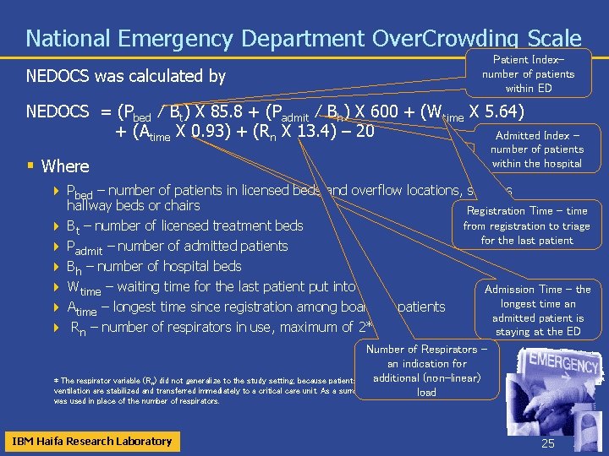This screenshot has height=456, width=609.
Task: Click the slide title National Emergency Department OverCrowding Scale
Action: (x=303, y=39)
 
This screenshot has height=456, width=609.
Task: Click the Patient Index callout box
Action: (x=528, y=73)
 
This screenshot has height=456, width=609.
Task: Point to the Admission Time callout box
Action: (x=537, y=310)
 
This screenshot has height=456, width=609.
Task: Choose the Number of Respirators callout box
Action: (x=425, y=371)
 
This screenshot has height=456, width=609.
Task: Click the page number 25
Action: (x=546, y=442)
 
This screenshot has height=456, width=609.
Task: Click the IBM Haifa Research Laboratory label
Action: (x=91, y=441)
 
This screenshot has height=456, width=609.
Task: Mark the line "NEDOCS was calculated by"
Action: (x=125, y=77)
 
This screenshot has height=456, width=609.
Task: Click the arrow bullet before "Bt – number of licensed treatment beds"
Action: (x=56, y=226)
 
